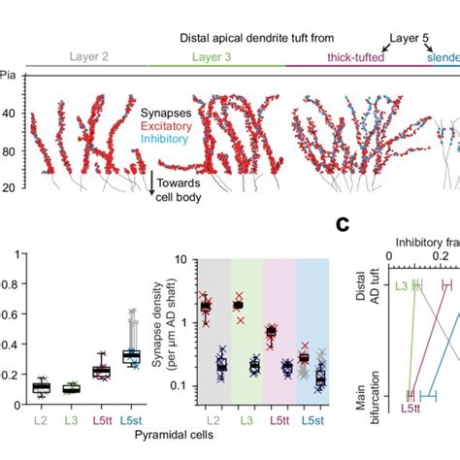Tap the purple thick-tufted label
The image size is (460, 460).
coord(345,58)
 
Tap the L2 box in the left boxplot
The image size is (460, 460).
coord(40,387)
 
